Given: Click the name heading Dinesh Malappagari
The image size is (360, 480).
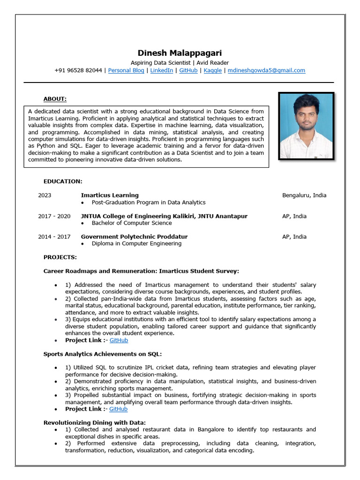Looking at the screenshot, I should click(x=180, y=53).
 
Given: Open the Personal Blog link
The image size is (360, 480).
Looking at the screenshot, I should click(x=126, y=70).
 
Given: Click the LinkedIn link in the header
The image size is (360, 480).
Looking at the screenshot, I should click(x=161, y=70).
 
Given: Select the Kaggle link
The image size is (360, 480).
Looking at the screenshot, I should click(x=213, y=70).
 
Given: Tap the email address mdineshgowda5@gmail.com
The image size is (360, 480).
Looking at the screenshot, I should click(x=266, y=70).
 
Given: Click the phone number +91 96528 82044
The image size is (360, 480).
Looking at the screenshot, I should click(x=78, y=70).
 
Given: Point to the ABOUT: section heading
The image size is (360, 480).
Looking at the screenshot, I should click(x=55, y=99).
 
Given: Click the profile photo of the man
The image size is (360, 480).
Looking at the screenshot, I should click(x=306, y=126).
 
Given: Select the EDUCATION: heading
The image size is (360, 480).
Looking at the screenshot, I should click(x=63, y=181).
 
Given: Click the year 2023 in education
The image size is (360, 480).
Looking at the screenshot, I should click(x=45, y=195).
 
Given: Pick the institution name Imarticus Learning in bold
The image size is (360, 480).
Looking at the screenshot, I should click(x=110, y=195).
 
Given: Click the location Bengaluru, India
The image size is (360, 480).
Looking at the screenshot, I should click(x=304, y=195).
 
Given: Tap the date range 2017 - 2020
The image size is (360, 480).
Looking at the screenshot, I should click(x=54, y=216).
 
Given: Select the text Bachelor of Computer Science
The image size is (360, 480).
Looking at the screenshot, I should click(x=132, y=223).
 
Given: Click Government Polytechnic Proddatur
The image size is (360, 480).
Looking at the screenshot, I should click(x=134, y=237).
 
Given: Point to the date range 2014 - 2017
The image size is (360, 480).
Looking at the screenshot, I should click(x=54, y=237).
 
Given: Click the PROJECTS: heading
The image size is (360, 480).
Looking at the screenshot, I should click(x=60, y=257).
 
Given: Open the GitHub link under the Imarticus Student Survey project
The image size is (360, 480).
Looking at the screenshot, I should click(x=119, y=340).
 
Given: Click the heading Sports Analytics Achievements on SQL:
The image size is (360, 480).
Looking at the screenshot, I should click(x=103, y=354).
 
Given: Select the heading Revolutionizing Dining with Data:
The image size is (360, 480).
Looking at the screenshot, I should click(x=94, y=422).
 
